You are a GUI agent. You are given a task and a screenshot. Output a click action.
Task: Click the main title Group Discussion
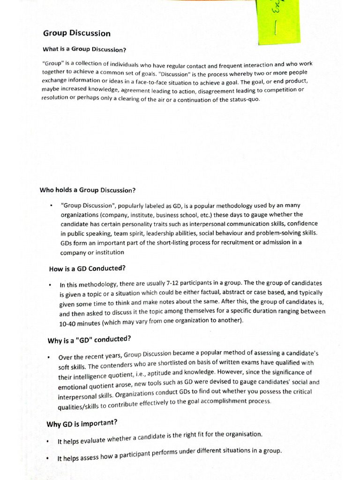pos(77,33)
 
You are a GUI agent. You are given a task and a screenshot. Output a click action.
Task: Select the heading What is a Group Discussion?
pos(84,49)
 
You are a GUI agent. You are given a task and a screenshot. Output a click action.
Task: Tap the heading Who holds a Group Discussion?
pos(88,190)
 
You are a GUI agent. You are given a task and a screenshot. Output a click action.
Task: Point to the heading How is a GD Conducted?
pos(87,269)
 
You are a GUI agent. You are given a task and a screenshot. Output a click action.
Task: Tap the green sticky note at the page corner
pos(277,21)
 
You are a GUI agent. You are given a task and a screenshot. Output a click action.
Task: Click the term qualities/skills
pos(81,406)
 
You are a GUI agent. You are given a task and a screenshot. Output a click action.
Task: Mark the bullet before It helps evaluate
pos(49,442)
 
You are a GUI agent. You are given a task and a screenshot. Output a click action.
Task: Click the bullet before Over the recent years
pos(49,358)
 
